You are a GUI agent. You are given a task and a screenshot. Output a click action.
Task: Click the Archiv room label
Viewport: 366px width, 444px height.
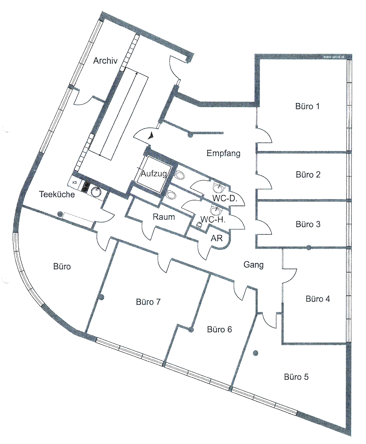point(105,60)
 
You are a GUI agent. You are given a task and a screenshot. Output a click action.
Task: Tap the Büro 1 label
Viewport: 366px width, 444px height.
point(307,106)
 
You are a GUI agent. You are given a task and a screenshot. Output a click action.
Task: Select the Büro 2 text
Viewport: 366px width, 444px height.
point(308,174)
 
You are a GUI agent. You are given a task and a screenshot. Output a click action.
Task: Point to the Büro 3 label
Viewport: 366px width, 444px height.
point(308,224)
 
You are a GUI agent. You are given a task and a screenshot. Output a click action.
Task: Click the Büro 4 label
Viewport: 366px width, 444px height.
point(318,299)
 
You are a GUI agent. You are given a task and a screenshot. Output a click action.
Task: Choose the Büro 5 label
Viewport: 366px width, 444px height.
point(296,377)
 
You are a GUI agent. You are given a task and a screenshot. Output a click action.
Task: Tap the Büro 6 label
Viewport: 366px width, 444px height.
point(219,329)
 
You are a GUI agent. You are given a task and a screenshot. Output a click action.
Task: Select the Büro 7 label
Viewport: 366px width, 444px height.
point(148,302)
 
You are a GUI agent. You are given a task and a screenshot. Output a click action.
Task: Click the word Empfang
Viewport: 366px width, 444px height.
point(223,154)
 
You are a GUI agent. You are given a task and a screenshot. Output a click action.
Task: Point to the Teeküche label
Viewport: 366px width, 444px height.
point(57,194)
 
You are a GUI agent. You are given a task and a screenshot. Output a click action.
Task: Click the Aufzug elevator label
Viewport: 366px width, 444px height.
point(154,173)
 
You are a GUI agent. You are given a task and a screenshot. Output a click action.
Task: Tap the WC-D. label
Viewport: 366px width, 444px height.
point(225,198)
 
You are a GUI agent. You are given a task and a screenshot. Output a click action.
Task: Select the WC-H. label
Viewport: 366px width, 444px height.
point(213,219)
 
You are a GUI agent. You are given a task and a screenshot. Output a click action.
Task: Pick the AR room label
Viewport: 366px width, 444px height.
point(217,238)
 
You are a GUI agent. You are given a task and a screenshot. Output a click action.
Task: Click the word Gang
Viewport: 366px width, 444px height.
point(254,265)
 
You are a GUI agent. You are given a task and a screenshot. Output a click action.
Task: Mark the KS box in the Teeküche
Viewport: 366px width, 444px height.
point(74,183)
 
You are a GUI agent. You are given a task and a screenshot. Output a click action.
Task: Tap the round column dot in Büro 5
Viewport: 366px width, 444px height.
point(256,353)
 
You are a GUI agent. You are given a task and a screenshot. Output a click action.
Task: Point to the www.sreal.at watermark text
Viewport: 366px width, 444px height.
point(334,57)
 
